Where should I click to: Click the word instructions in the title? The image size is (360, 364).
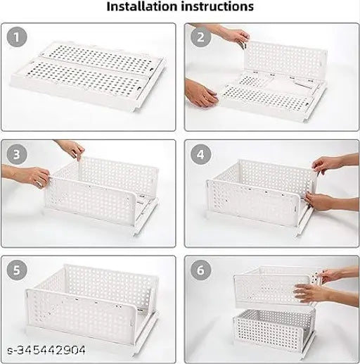coord(218,8)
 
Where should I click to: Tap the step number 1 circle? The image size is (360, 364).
coord(18,36)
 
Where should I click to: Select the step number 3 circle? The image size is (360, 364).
coord(18,153)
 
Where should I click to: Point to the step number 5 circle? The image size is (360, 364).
coord(18,270)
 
